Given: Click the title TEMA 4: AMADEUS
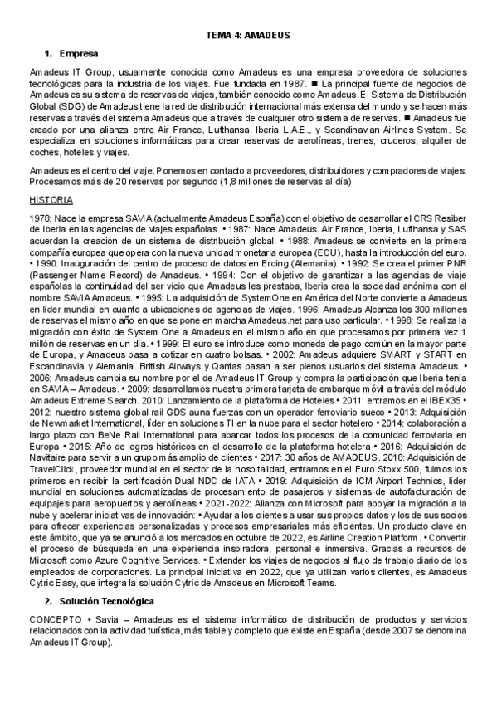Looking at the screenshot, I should [x=247, y=35].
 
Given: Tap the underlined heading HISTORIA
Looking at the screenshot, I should [x=51, y=200].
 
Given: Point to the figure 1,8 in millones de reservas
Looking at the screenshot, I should [x=229, y=179].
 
